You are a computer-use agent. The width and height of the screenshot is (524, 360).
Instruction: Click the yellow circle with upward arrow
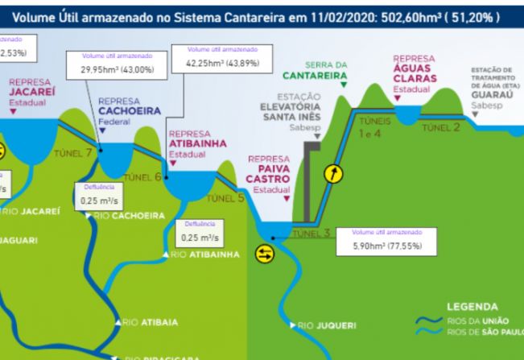click(332, 173)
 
